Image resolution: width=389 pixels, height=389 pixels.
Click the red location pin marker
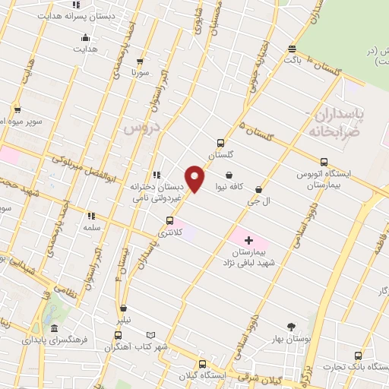pyautogui.click(x=195, y=179)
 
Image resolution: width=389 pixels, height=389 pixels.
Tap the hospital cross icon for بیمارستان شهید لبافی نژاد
pyautogui.click(x=248, y=240)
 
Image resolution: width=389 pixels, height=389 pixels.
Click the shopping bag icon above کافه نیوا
pyautogui.click(x=229, y=175)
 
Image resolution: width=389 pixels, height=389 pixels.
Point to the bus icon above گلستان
pyautogui.click(x=221, y=143)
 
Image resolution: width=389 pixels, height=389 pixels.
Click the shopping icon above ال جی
pyautogui.click(x=258, y=189)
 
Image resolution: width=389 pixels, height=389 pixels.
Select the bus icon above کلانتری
pyautogui.click(x=169, y=221)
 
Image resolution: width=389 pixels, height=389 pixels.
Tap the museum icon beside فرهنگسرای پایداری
pyautogui.click(x=54, y=329)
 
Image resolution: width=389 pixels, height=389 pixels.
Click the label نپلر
pyautogui.click(x=124, y=320)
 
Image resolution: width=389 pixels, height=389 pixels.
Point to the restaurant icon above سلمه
pyautogui.click(x=91, y=216)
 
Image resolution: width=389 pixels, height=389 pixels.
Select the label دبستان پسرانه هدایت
pyautogui.click(x=71, y=15)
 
